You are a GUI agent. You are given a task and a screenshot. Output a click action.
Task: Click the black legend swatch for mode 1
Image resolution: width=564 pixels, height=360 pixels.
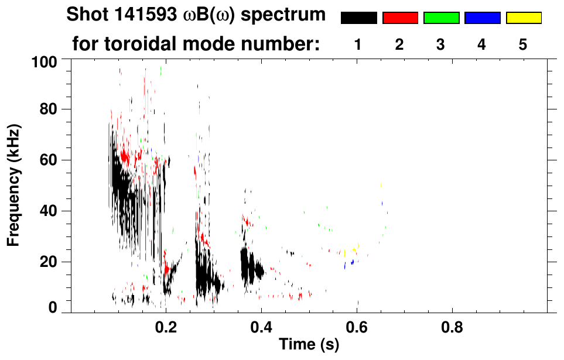358,18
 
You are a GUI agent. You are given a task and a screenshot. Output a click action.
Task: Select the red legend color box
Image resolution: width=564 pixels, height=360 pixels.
400,18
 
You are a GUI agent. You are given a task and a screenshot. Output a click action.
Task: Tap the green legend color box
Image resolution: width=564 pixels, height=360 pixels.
441,18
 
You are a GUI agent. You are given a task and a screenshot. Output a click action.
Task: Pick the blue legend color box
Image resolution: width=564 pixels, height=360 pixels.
482,18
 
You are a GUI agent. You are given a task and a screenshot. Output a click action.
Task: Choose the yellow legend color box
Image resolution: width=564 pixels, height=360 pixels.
523,18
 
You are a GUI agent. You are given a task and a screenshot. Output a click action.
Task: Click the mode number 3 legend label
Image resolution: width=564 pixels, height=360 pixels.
440,45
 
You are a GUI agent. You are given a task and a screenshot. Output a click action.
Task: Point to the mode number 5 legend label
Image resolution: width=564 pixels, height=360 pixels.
523,45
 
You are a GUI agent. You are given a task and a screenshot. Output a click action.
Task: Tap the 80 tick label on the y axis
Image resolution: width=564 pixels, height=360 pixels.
49,109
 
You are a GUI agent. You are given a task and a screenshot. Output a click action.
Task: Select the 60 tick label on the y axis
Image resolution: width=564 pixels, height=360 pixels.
49,160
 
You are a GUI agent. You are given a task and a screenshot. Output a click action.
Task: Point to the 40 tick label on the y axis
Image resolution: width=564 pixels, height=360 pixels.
49,211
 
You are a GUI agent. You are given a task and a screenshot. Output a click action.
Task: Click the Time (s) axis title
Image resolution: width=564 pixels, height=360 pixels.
308,345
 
